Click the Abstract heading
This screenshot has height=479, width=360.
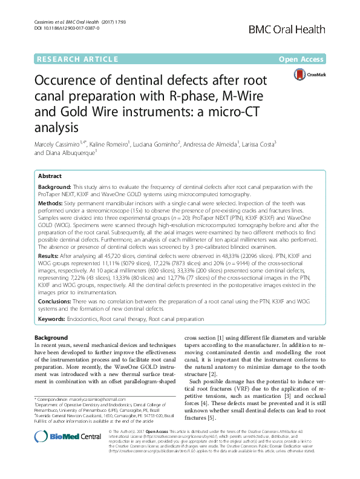tap(50, 174)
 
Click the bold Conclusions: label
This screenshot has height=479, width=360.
tap(59, 301)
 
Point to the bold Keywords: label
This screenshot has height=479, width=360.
tap(55, 319)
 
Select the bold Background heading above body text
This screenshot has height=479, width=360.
tap(51, 337)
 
